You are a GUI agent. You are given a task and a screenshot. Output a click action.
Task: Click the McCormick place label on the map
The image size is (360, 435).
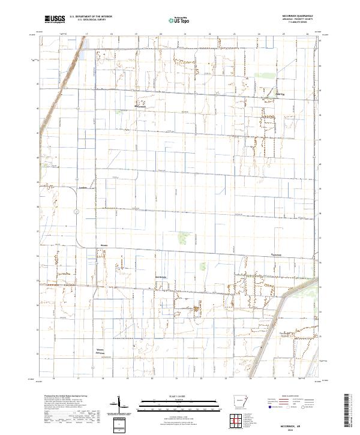[139, 108]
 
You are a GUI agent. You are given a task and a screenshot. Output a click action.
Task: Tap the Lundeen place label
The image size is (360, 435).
[83, 188]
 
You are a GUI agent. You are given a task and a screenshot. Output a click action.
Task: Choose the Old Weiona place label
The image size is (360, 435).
[163, 276]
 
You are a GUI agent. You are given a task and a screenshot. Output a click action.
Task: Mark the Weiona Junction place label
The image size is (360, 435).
[102, 352]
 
